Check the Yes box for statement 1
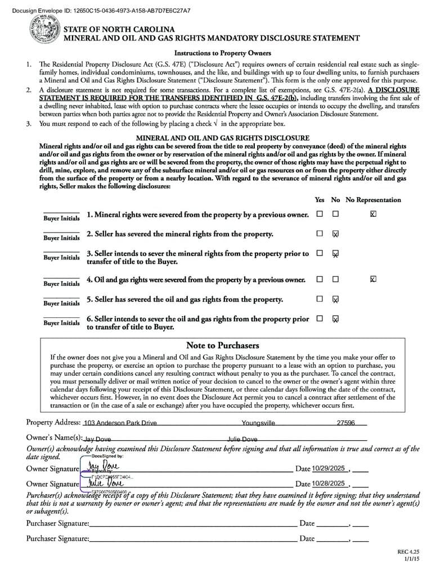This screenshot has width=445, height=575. click(320, 214)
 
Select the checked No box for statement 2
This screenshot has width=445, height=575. click(335, 234)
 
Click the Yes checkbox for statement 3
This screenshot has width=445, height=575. click(320, 253)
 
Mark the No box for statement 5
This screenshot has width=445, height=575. click(335, 299)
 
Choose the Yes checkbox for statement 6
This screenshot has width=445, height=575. click(320, 318)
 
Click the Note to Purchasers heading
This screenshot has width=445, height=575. click(222, 345)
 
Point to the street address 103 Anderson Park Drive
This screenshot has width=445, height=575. click(120, 423)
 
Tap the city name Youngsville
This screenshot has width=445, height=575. click(258, 423)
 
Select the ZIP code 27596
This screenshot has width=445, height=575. click(345, 423)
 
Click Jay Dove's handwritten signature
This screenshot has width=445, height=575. click(104, 467)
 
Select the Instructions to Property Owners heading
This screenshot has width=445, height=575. click(222, 53)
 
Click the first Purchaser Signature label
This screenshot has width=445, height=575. click(57, 523)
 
